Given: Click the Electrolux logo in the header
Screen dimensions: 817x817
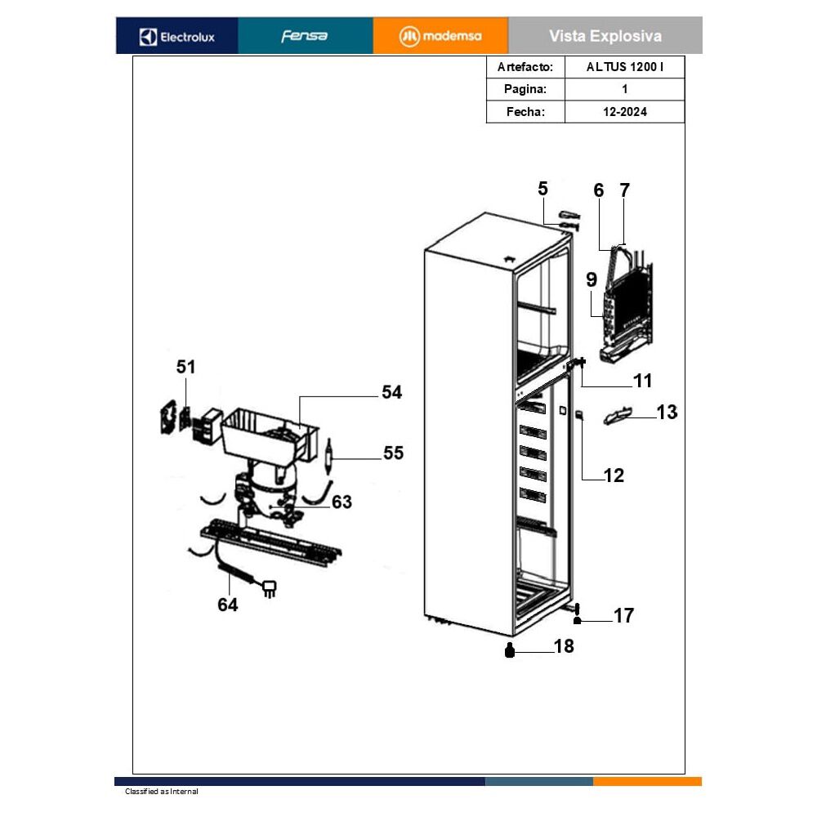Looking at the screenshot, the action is (x=177, y=37).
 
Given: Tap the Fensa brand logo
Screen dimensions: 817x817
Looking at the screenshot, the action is (x=305, y=36).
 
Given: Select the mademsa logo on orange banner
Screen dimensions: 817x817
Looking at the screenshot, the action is (x=440, y=36).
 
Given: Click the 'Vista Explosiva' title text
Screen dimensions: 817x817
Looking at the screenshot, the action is (x=605, y=36).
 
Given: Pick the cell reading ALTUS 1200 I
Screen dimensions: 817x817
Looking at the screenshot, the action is (x=625, y=67).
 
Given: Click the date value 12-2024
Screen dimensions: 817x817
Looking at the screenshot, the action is (x=625, y=111).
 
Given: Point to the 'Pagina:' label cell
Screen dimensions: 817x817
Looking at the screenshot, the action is (x=525, y=89).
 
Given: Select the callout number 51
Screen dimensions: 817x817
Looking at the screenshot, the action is (x=185, y=367).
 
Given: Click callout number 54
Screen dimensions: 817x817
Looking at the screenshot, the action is (x=392, y=392).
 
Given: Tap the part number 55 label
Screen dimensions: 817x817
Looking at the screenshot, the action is (x=394, y=453).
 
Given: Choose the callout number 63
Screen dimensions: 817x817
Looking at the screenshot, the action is (x=342, y=502).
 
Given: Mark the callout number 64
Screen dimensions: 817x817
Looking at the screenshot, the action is (x=228, y=605).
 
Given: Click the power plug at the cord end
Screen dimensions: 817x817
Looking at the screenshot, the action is (x=270, y=589).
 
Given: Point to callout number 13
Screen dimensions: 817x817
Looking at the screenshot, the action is (x=667, y=412).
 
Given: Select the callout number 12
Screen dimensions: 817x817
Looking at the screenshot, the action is (x=614, y=475).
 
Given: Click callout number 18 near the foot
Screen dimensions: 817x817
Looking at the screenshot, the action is (x=564, y=646).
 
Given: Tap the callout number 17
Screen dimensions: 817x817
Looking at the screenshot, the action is (x=623, y=615).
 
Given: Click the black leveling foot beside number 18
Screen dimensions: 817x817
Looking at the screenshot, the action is (x=510, y=650).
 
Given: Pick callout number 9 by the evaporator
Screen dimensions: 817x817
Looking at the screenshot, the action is (x=592, y=279).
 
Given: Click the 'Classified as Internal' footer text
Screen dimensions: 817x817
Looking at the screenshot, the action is (x=162, y=792).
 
